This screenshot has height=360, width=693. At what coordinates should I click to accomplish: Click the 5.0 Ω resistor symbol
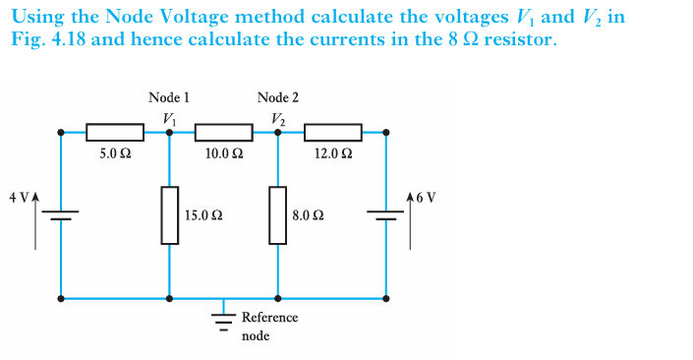pos(115,132)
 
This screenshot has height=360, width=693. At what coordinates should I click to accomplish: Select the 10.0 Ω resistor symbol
pos(224,132)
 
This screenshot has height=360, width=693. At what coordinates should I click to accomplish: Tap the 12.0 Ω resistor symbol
pos(333,132)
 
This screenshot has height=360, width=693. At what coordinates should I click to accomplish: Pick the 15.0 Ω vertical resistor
pos(170,213)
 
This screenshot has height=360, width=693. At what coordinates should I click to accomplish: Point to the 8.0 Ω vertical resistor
pos(278,213)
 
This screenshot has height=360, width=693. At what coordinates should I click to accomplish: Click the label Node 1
pos(169,97)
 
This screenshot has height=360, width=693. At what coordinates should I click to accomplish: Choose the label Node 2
pos(277,97)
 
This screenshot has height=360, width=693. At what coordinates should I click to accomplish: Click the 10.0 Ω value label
pos(225,153)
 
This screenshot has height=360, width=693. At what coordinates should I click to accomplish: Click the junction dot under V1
pos(170,132)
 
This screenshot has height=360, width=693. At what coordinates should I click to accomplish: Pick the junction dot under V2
pos(278,132)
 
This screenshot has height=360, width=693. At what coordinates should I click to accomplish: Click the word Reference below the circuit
pos(269,318)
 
